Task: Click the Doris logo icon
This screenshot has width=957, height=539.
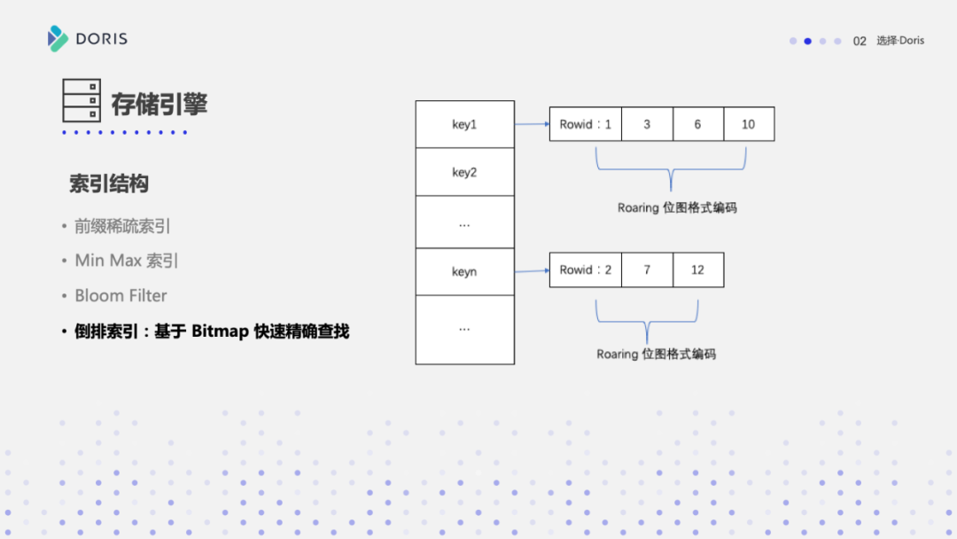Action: click(x=58, y=39)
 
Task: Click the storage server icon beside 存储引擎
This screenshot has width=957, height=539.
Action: click(x=82, y=100)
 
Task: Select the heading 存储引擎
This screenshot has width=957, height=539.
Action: click(x=159, y=104)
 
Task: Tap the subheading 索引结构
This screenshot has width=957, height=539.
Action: click(x=109, y=184)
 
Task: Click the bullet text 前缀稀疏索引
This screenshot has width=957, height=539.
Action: click(x=122, y=227)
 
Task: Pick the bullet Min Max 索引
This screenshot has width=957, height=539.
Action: click(x=127, y=261)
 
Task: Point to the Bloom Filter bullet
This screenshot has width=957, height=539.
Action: click(x=121, y=296)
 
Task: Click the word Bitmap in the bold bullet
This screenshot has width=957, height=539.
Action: click(x=222, y=332)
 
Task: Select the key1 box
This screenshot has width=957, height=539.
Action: click(x=464, y=125)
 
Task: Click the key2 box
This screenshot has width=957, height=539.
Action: click(x=464, y=173)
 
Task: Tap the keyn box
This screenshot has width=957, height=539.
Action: click(x=464, y=271)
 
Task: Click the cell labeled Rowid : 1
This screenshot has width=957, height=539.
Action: click(x=586, y=125)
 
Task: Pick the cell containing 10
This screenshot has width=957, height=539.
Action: click(x=749, y=125)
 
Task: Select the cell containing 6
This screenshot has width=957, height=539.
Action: click(x=697, y=125)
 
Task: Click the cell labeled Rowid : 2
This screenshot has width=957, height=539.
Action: click(x=586, y=269)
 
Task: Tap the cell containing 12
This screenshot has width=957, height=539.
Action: click(x=697, y=269)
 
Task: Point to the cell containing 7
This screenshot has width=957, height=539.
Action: click(x=647, y=269)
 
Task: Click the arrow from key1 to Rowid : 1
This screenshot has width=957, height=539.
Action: click(x=532, y=124)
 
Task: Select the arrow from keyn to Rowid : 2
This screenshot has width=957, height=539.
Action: click(x=532, y=269)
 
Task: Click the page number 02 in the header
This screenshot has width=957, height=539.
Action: click(x=860, y=41)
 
